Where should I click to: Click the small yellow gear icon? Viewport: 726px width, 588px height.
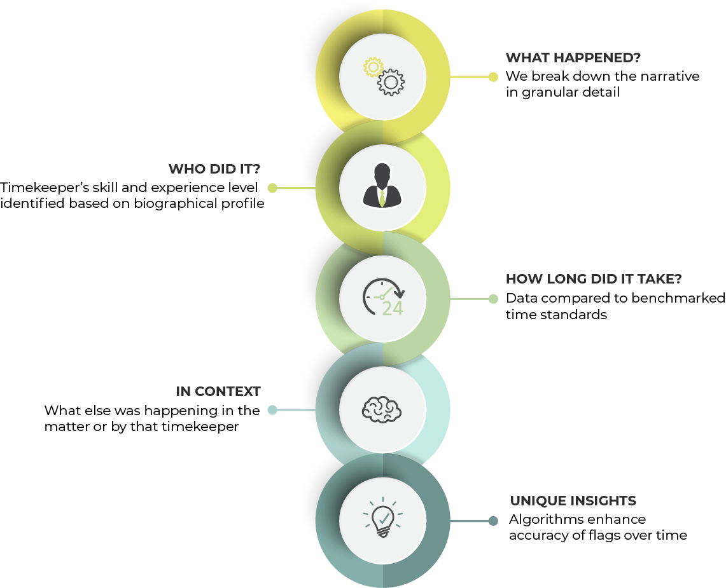pos(373,67)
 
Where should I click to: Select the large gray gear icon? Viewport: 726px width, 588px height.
pos(391,82)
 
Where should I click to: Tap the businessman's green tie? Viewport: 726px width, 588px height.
pos(382,197)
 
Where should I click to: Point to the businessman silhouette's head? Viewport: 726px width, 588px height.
pos(382,174)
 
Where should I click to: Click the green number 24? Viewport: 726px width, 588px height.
pos(393,309)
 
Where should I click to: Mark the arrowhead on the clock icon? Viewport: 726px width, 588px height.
pos(400,294)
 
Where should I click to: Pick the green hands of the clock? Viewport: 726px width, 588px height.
pos(384,294)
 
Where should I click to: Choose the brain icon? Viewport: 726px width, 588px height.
pos(382,409)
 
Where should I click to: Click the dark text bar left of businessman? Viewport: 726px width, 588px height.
pos(227,173)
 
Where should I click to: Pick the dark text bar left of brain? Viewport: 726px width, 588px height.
pos(231,395)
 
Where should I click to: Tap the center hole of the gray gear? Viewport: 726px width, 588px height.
pos(391,82)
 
